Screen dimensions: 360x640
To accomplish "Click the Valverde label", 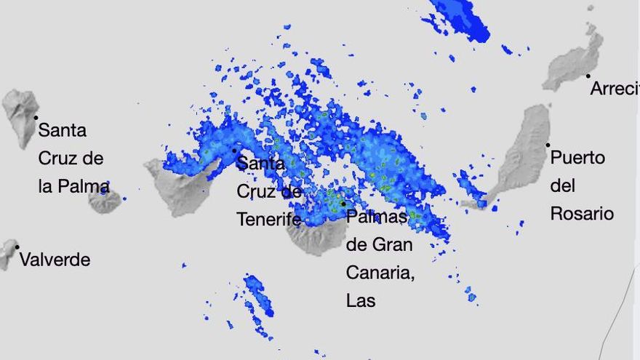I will pos(55,260).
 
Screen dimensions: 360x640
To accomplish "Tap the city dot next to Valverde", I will pos(17,247).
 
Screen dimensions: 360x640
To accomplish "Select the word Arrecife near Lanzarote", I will pos(615,89).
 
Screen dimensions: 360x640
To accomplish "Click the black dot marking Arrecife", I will pos(588,76).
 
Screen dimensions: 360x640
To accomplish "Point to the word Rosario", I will pos(581,214).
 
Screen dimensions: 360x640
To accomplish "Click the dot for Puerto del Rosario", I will pos(548,145).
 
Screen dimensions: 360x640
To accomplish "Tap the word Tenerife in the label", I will pos(268,219).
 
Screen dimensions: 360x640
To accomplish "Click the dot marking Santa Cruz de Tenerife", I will pos(234,151).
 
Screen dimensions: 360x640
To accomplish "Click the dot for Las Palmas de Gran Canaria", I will pos(343,204).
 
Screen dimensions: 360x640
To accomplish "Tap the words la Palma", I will pos(73,187).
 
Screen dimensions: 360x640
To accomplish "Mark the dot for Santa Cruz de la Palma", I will pos(36,117).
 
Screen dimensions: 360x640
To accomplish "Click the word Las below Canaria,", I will pos(361,300).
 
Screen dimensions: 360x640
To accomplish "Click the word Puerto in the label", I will pos(577,157).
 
